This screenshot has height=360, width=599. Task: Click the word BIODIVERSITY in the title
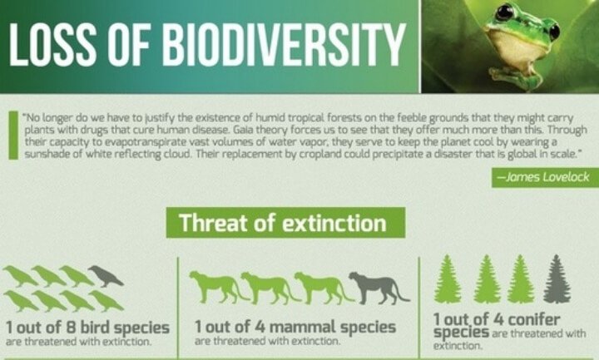pyautogui.click(x=285, y=45)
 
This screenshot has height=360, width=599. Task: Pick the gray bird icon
pyautogui.click(x=106, y=276)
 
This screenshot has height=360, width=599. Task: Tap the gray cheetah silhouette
pyautogui.click(x=379, y=287)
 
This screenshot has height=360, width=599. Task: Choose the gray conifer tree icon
pyautogui.click(x=557, y=279)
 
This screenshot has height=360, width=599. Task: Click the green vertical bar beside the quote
pyautogui.click(x=14, y=136)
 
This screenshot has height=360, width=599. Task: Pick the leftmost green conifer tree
pyautogui.click(x=448, y=279)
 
